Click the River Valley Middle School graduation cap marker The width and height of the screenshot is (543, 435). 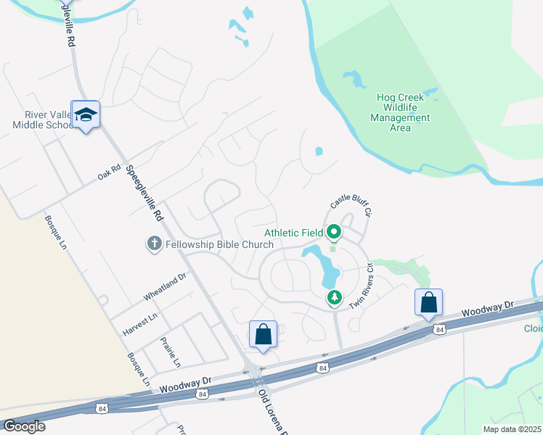coord(86,115)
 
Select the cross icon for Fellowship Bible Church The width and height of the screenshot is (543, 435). coord(154,244)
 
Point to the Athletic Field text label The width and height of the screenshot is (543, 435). coord(293,233)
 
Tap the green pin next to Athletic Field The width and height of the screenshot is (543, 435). coord(334,233)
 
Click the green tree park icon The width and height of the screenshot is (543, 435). coord(334,297)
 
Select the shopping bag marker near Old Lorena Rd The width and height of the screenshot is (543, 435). coord(263,335)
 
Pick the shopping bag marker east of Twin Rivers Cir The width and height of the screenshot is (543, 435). coord(429,302)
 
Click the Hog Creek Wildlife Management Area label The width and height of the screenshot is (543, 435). coord(400,112)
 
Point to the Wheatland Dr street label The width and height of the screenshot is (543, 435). coord(165,286)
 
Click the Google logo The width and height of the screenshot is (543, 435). coord(24,426)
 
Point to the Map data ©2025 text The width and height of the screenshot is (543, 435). coord(513,428)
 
